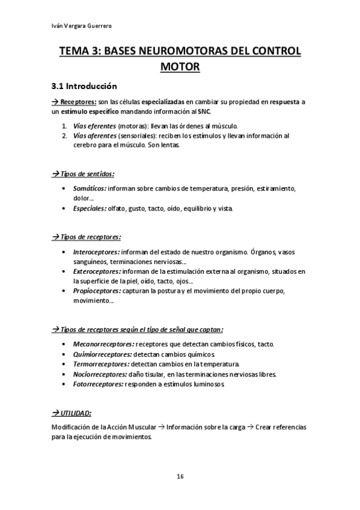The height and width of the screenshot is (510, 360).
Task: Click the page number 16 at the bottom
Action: (x=180, y=476)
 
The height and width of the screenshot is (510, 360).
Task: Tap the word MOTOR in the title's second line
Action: (x=180, y=67)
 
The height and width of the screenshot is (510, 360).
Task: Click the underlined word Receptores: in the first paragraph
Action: (x=79, y=102)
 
